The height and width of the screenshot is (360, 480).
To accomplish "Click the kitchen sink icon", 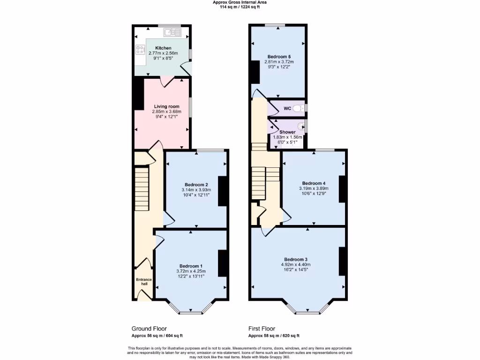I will pos(172,32).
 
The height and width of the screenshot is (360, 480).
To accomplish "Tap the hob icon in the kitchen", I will pos(140,49).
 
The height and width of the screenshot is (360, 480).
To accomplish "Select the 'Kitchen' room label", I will pos(163,48).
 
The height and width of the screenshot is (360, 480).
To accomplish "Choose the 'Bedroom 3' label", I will pos(295,259).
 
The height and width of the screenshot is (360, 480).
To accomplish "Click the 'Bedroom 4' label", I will pos(314,183).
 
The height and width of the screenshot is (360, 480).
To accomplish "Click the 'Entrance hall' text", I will pos(144,282).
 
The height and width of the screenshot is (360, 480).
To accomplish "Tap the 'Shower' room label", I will pos(287,132).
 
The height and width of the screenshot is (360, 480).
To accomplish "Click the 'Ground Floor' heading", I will pos(149,329).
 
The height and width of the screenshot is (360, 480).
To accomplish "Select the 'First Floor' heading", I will pos(262,329).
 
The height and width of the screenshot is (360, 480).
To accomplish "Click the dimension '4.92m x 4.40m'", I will pos(295,265).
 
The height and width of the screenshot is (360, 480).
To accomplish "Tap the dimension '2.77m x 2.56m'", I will pos(163,53).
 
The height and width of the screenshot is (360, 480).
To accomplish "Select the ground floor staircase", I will pos(142,183).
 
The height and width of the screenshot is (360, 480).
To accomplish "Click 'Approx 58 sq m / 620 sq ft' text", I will pos(274,336).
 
